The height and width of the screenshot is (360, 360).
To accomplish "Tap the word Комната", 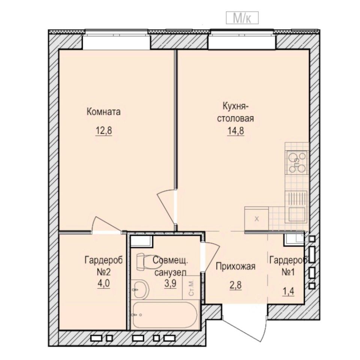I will click(103, 112).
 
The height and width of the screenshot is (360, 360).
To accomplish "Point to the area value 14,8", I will click(235, 132).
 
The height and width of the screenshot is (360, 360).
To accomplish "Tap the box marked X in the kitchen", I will click(256, 219).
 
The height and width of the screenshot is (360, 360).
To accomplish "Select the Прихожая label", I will click(235, 267).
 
